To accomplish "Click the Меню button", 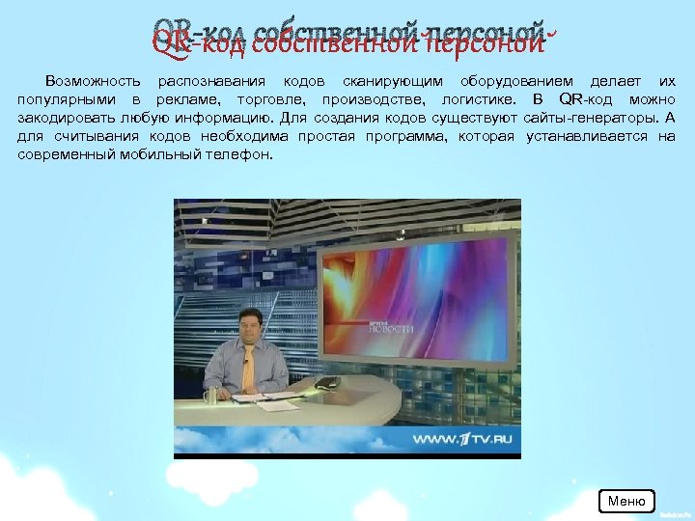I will [x=626, y=501].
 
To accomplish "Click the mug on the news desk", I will [x=211, y=394].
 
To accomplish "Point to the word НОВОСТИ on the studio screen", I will [x=391, y=329].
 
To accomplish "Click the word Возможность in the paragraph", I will [x=93, y=82].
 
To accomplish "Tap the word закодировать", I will [x=63, y=119].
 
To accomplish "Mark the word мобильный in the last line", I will [x=157, y=154].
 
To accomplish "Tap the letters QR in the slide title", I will [x=172, y=42].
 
